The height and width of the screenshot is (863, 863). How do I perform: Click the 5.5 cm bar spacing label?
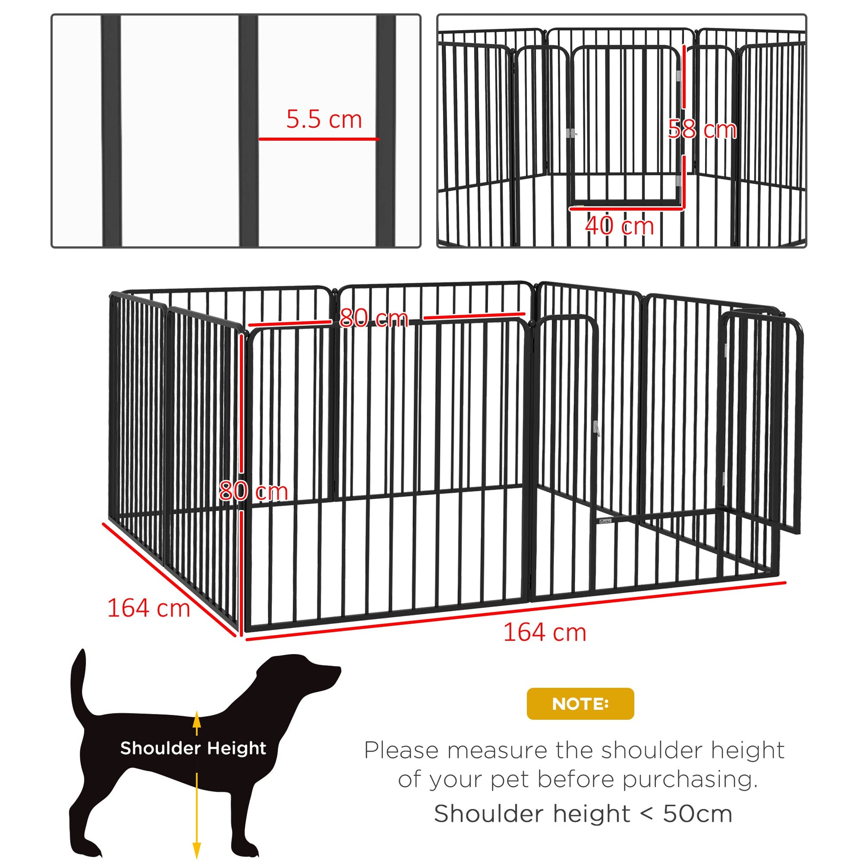coord(324,119)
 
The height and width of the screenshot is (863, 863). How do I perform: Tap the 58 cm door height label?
coord(702,129)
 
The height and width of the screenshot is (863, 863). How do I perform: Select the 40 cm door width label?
coord(620,226)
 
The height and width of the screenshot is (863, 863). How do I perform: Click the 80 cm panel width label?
coord(374,318)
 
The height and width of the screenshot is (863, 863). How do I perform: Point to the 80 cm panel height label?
coord(253,491)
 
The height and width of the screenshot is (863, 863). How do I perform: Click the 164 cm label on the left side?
coord(149,608)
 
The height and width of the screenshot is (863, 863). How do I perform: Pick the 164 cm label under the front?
coord(545,632)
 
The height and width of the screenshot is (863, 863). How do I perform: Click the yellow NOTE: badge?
coord(580,703)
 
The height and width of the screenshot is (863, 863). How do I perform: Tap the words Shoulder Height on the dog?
coord(193,748)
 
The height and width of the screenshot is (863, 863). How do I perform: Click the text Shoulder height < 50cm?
coord(583,813)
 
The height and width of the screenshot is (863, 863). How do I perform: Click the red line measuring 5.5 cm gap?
coord(318,139)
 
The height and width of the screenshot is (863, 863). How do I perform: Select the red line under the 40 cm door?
coord(625,208)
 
